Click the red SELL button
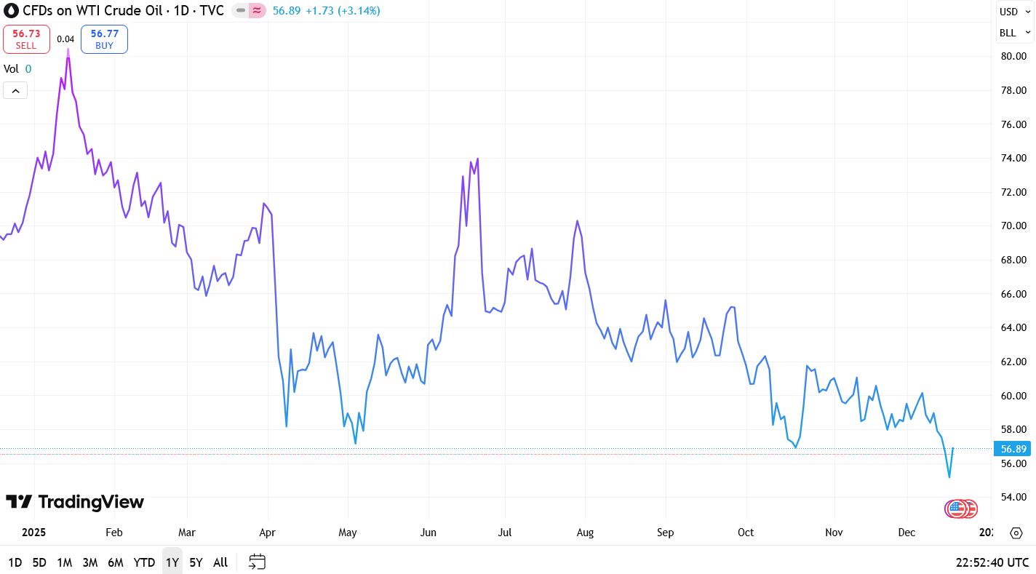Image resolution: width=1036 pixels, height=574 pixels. click(x=26, y=39)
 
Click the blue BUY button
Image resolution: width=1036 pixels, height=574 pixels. click(x=104, y=39)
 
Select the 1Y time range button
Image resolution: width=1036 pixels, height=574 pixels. click(x=172, y=562)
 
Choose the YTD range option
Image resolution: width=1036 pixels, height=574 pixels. click(x=144, y=562)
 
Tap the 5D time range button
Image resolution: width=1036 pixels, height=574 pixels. click(x=39, y=562)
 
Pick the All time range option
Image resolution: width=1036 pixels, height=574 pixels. click(x=220, y=562)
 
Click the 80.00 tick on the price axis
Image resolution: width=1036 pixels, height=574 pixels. click(x=1013, y=57)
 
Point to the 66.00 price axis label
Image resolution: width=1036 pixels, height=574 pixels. click(x=1013, y=294)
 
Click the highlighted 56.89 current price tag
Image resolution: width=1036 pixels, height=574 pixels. click(x=1013, y=449)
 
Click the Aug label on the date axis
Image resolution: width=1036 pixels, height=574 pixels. click(x=585, y=533)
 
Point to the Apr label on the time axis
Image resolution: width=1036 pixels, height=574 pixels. click(x=267, y=533)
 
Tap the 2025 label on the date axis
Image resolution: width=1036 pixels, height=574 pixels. click(x=33, y=533)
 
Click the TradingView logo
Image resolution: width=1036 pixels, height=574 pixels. click(x=75, y=502)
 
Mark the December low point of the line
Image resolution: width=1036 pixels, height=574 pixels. click(x=949, y=477)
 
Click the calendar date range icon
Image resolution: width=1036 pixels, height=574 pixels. click(x=257, y=562)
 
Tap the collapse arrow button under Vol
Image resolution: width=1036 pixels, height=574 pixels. click(x=15, y=90)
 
